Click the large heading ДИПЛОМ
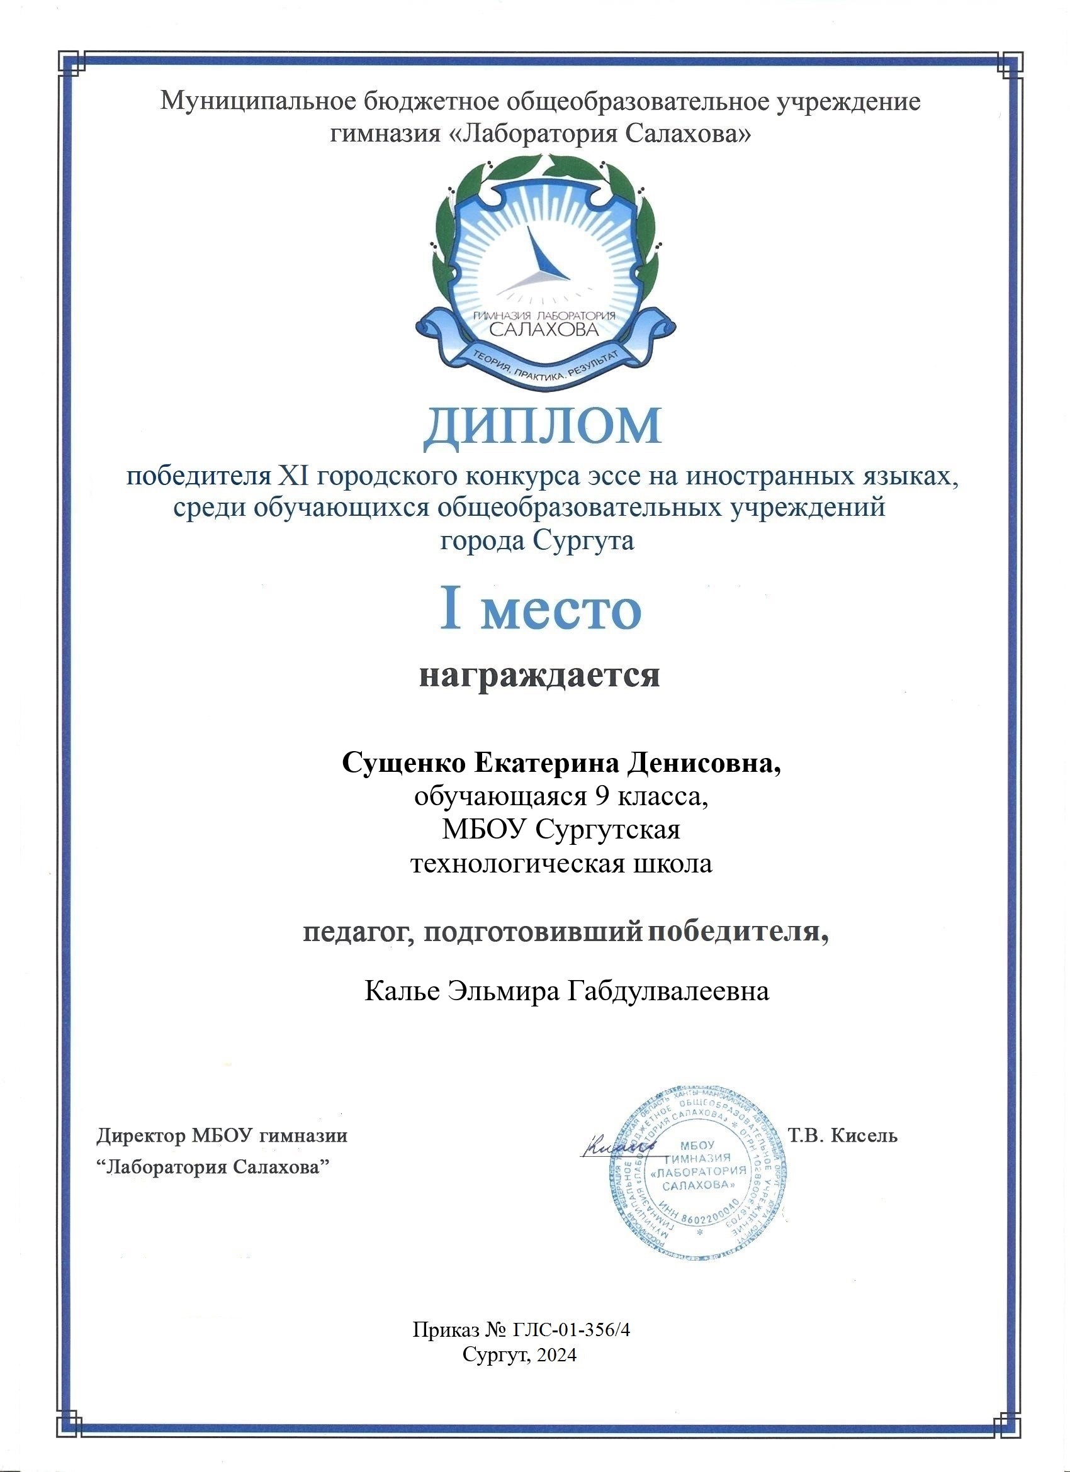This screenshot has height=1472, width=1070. [543, 427]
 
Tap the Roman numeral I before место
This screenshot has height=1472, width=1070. [451, 610]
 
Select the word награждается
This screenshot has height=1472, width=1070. [539, 676]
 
